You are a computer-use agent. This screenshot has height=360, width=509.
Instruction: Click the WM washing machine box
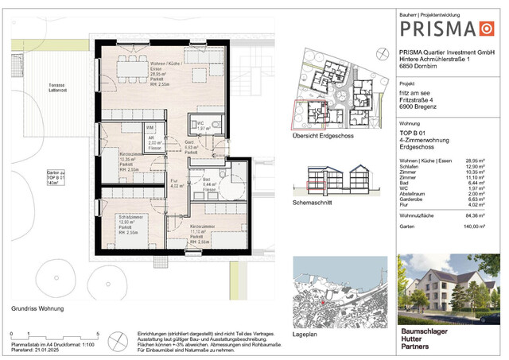click(x=150, y=127)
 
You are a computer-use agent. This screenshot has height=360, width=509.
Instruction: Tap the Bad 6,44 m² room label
click(x=210, y=184)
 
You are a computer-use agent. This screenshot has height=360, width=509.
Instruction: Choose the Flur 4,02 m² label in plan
click(x=179, y=185)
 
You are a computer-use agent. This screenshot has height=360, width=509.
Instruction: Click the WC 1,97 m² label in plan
click(x=202, y=126)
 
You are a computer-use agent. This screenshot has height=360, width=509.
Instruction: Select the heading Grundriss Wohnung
click(x=37, y=308)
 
